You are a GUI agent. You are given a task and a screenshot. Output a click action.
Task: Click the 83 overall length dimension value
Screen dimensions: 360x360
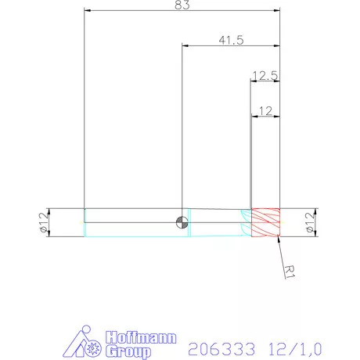click(182, 5)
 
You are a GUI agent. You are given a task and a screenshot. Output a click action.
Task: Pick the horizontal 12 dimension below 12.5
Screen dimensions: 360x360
click(264, 111)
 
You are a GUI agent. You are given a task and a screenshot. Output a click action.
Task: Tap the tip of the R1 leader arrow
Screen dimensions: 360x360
click(277, 237)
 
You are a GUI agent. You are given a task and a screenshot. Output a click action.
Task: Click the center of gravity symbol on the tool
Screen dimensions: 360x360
click(182, 221)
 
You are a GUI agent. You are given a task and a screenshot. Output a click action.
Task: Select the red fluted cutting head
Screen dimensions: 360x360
click(265, 222)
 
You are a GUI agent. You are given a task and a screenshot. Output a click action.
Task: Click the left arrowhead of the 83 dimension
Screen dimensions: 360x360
click(87, 12)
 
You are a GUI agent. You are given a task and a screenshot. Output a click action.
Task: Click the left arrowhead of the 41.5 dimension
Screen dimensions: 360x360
click(185, 46)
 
